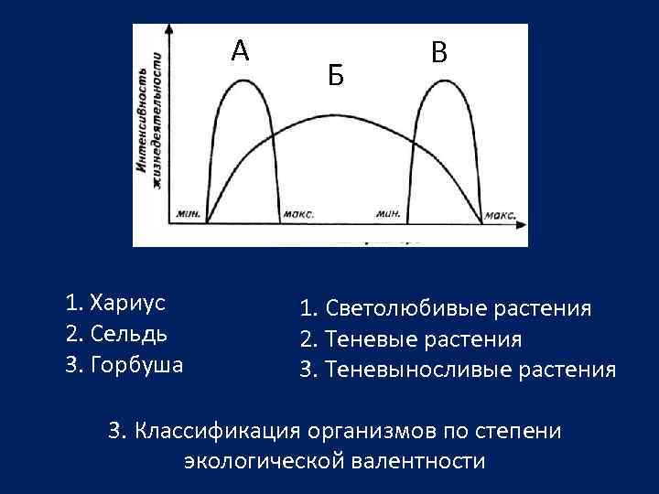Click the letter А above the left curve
point(240,51)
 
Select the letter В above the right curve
point(439,54)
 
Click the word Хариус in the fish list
point(127,302)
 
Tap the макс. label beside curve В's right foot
point(501,215)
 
